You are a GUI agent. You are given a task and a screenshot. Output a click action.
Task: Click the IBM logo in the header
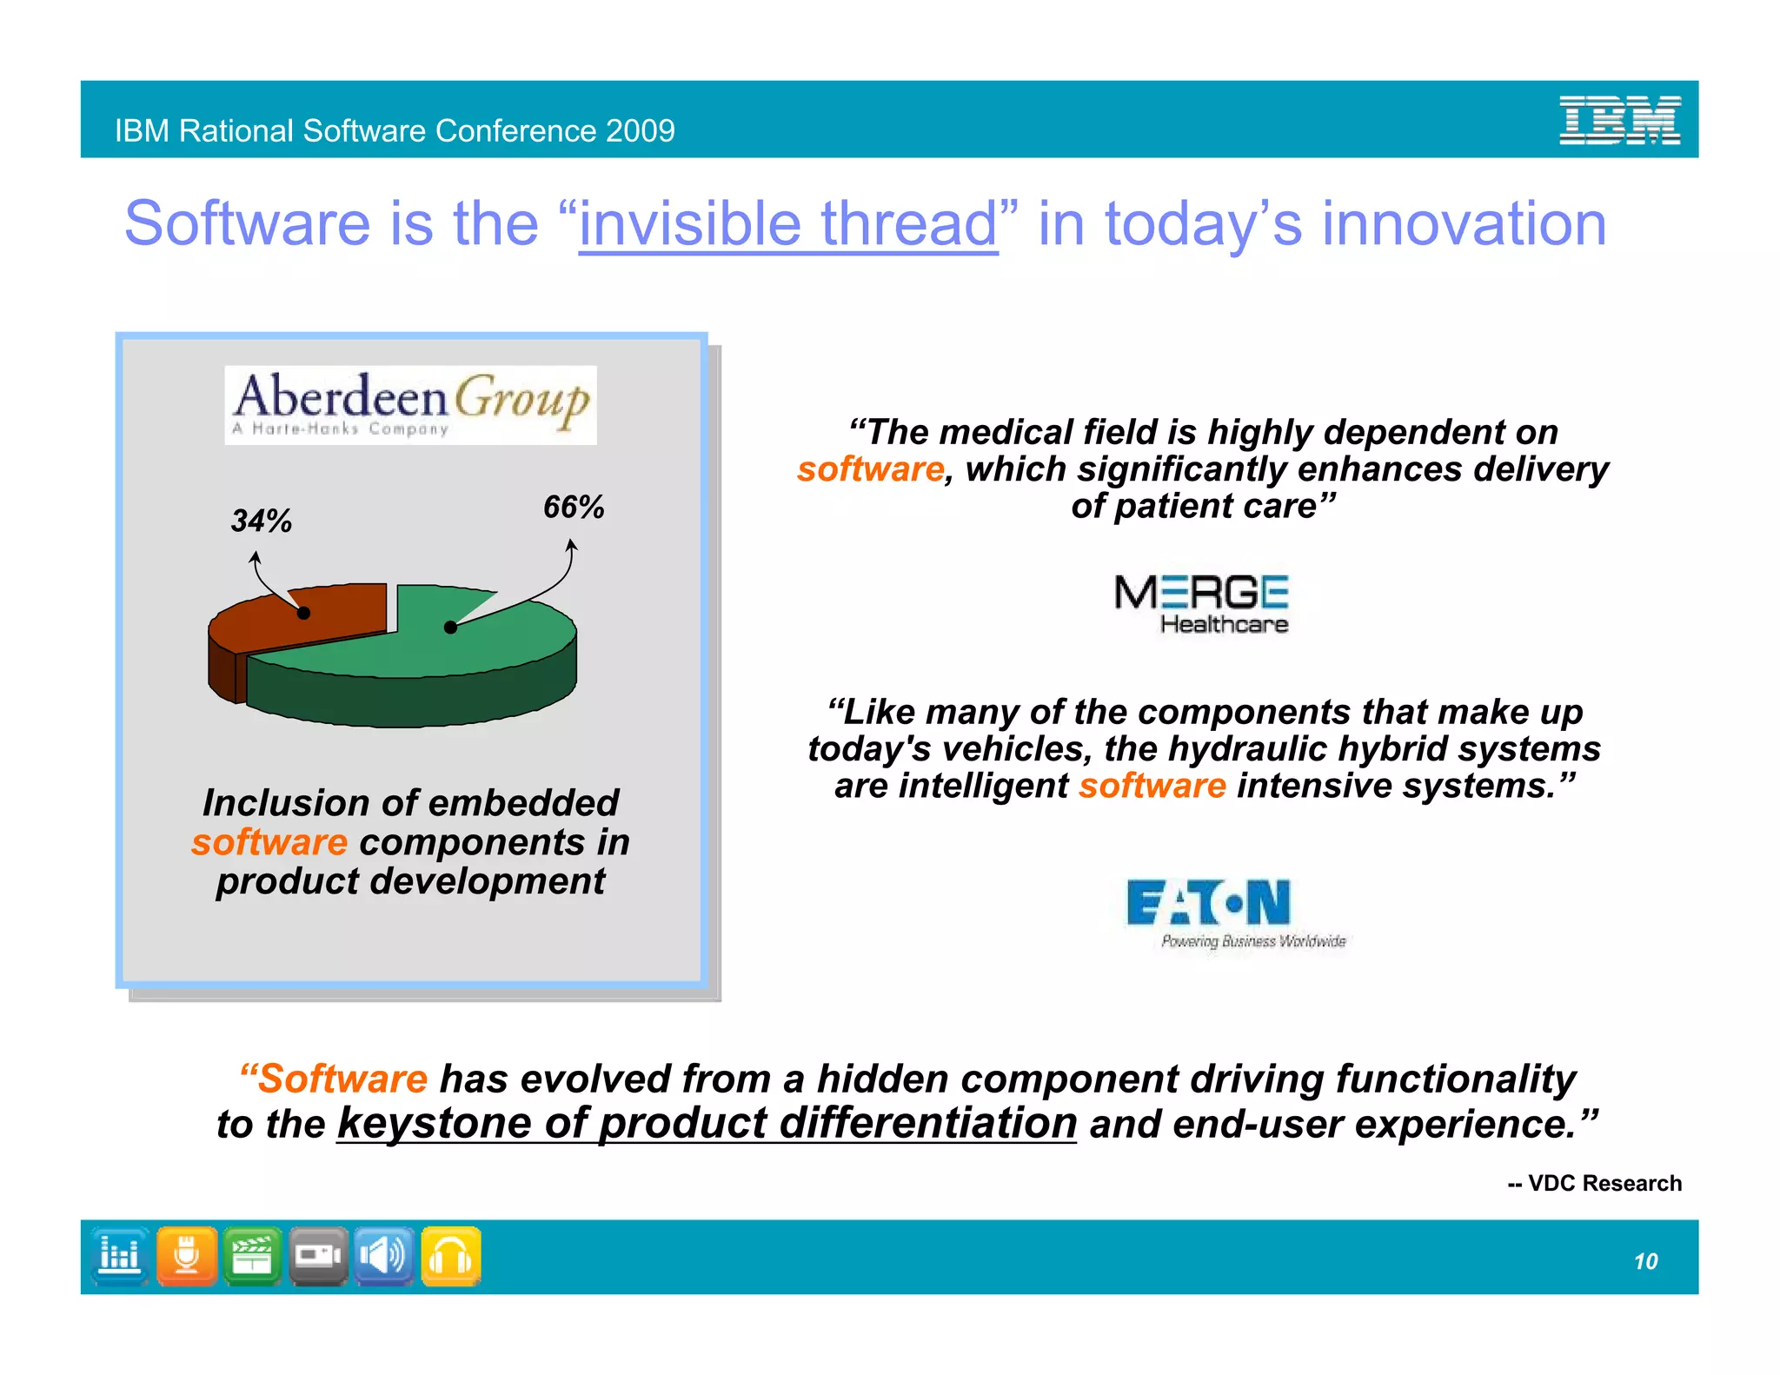(x=1619, y=120)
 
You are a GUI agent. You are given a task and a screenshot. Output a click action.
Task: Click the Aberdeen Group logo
(x=410, y=405)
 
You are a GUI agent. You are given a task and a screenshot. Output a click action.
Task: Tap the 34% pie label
(x=261, y=521)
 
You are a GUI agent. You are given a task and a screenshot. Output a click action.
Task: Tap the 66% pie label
(x=573, y=507)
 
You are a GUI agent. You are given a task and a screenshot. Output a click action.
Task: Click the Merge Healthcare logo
(x=1202, y=604)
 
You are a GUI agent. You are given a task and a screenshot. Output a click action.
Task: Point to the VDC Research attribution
(x=1594, y=1183)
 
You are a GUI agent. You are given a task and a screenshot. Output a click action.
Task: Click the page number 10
(x=1644, y=1261)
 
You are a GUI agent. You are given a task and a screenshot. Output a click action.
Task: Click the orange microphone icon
(x=187, y=1256)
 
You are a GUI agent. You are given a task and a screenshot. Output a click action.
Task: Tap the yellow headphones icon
(x=451, y=1256)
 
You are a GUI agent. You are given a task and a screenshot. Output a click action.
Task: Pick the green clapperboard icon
(x=252, y=1256)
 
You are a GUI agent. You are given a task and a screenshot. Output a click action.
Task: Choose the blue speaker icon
(x=383, y=1256)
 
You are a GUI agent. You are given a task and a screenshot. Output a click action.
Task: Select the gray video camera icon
(x=318, y=1256)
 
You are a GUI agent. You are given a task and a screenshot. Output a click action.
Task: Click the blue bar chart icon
(x=120, y=1256)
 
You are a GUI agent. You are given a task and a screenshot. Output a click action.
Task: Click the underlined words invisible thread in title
(x=787, y=224)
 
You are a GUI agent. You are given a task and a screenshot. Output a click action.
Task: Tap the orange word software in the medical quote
(x=870, y=469)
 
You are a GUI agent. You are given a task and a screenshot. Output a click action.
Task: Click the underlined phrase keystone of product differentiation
(x=707, y=1123)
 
